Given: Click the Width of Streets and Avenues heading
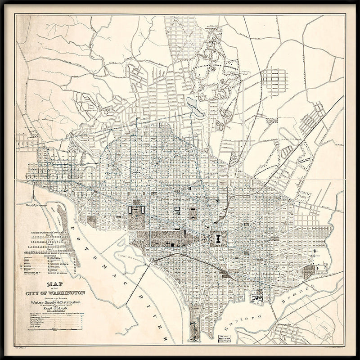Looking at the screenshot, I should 48,233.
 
